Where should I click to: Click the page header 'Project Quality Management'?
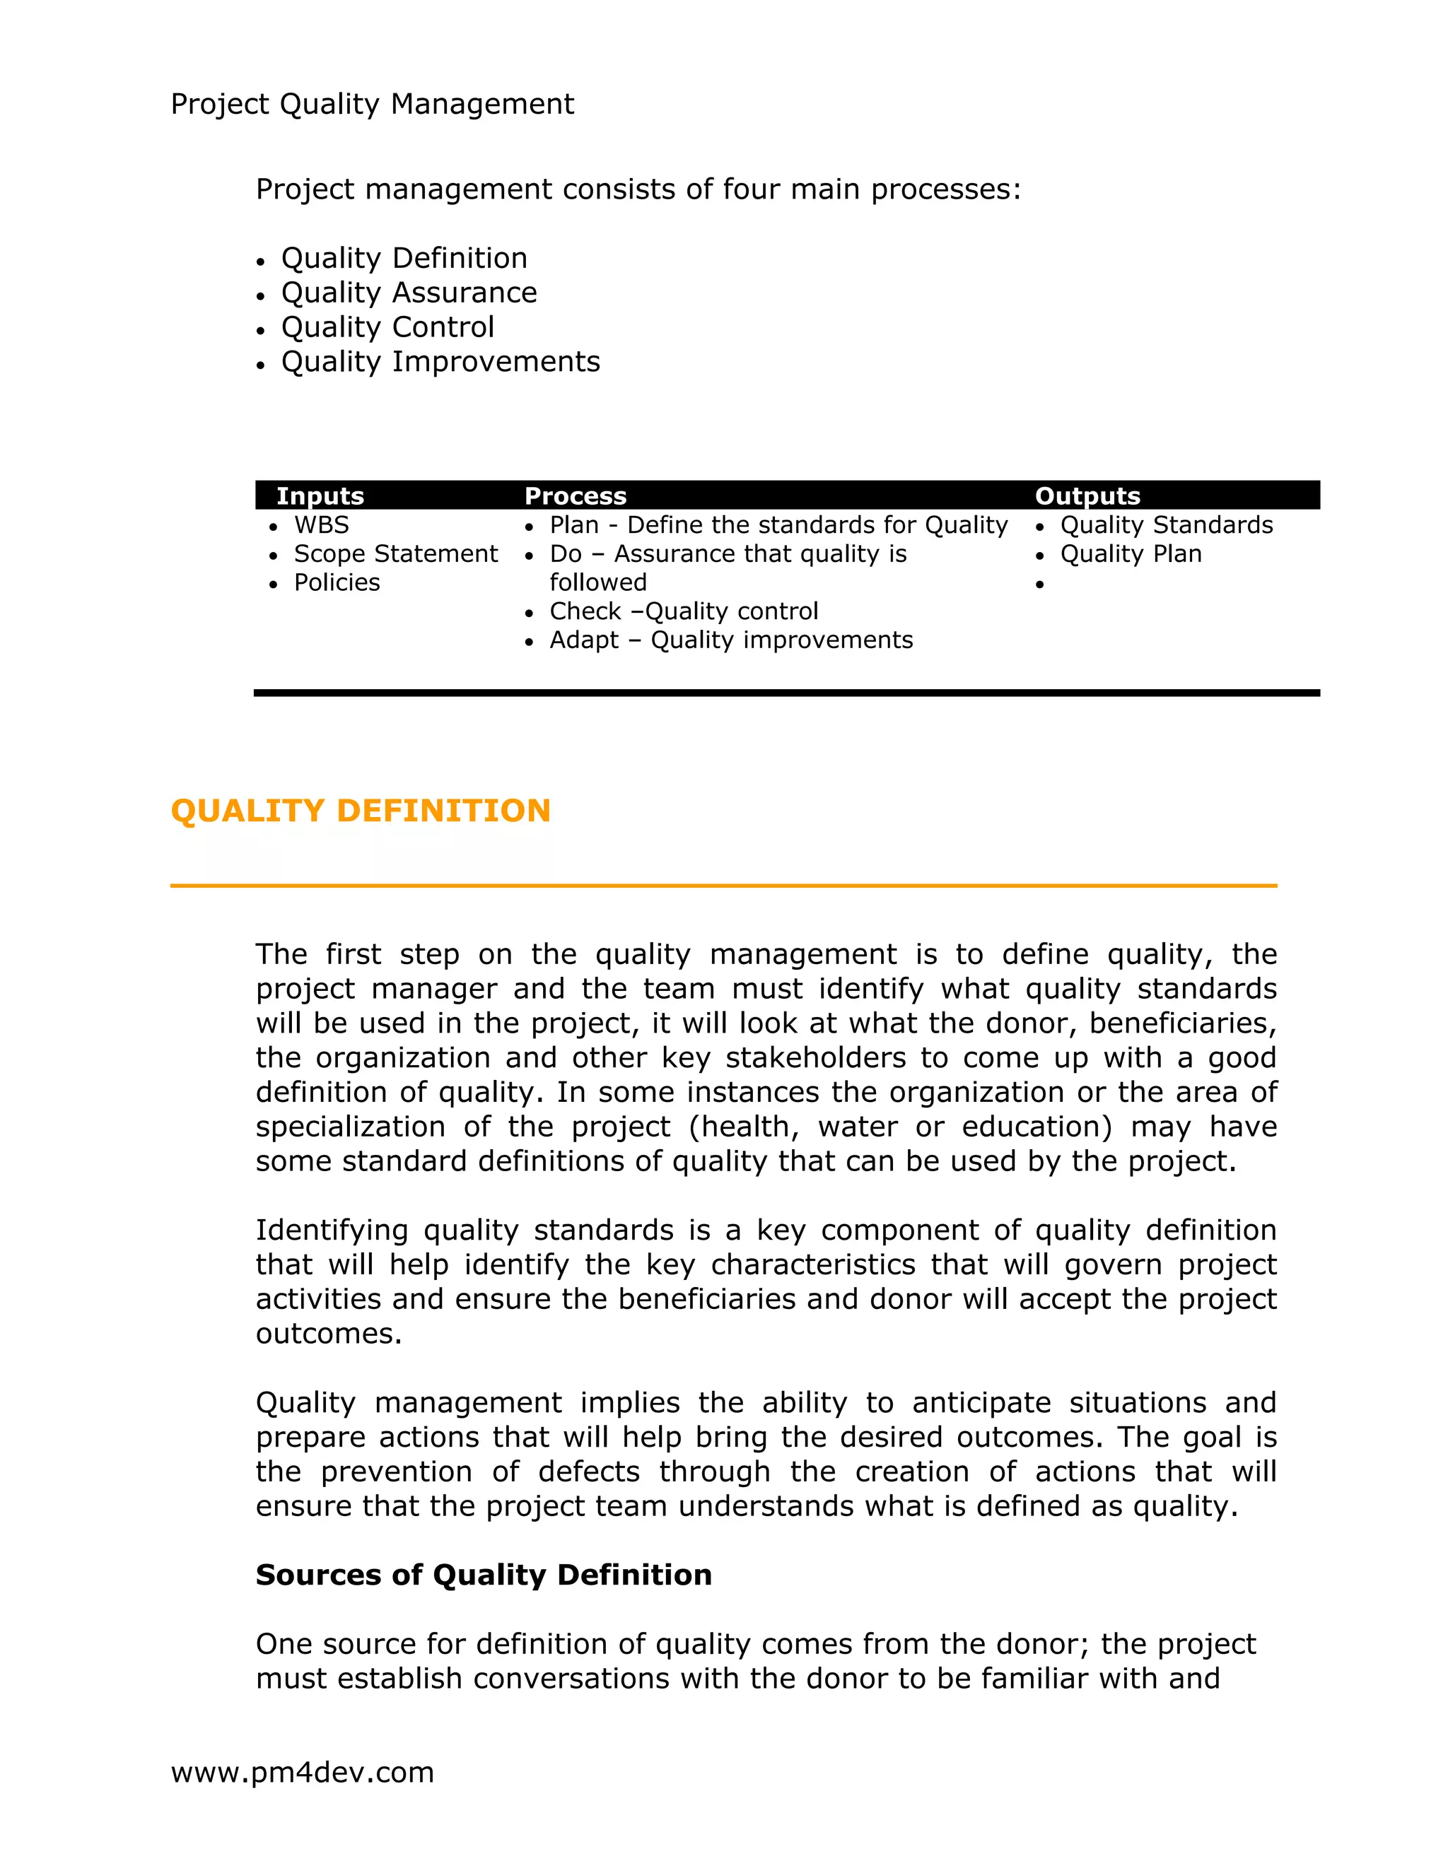[373, 104]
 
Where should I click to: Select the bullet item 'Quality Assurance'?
[409, 293]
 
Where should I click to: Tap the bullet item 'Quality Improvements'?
[440, 362]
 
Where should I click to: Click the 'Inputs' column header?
[320, 495]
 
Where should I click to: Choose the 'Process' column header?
[575, 495]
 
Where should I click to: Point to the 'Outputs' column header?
[1087, 495]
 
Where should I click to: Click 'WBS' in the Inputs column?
[321, 525]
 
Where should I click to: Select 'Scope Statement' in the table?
[395, 554]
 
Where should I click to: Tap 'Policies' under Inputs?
[337, 582]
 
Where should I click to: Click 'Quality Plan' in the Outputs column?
[1131, 554]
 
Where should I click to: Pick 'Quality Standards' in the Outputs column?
[1166, 525]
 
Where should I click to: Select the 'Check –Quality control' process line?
[684, 611]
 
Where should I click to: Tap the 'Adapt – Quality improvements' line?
[731, 640]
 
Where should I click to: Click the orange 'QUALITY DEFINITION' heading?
[361, 811]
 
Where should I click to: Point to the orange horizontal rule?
[723, 885]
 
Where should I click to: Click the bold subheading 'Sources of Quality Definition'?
[484, 1575]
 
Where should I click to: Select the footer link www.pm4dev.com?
[302, 1772]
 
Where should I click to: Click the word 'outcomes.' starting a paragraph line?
[329, 1334]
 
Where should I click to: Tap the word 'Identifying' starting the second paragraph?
[331, 1230]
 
